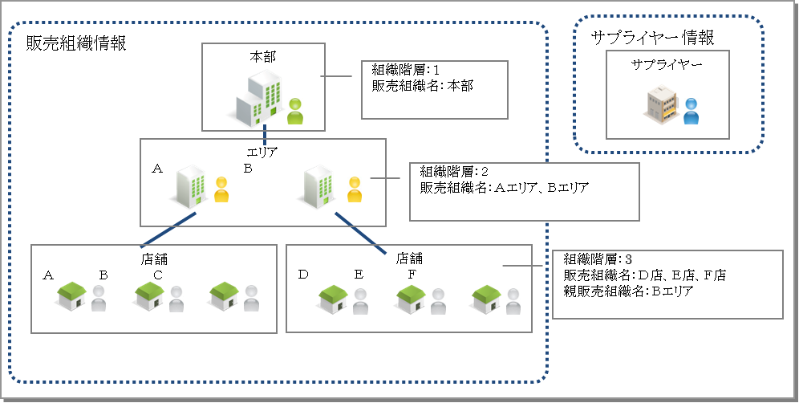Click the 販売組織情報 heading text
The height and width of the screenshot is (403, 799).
(77, 44)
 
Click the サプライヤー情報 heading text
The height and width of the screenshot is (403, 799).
(652, 37)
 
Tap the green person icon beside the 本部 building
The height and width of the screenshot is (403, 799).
(296, 111)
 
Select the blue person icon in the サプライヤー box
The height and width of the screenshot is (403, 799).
(692, 111)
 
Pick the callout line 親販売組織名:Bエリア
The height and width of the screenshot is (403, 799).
(628, 291)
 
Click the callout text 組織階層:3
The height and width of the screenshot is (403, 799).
(598, 259)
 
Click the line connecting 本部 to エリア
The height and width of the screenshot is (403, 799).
(265, 133)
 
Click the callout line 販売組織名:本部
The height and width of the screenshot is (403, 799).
(422, 85)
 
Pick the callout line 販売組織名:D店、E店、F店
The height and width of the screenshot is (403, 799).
(645, 275)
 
